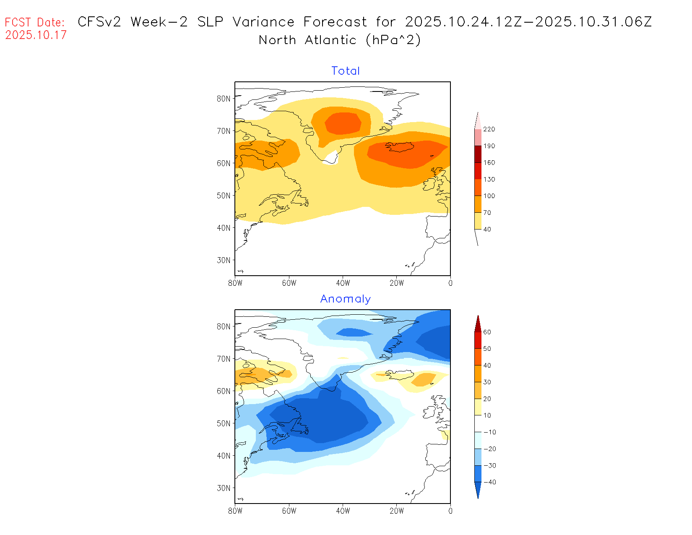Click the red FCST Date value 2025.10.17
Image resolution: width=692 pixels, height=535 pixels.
pos(36,35)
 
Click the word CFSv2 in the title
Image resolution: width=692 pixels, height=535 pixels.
pos(99,22)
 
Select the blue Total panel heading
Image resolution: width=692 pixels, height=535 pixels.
pos(346,71)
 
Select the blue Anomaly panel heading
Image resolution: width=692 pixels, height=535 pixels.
pos(346,299)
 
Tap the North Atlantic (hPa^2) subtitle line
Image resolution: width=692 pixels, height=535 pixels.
pos(340,40)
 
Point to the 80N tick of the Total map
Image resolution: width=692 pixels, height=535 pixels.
pos(224,99)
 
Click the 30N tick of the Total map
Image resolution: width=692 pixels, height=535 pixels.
pos(224,260)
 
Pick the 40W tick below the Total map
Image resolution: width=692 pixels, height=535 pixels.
pos(343,283)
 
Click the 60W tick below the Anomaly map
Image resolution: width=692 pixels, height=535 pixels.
pos(289,511)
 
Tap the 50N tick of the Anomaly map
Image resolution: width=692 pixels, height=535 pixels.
pos(224,423)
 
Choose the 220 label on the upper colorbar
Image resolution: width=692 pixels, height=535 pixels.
pos(489,129)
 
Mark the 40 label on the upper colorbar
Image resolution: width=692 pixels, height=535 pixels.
pos(487,230)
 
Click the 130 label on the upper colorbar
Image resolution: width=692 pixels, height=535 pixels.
pos(489,179)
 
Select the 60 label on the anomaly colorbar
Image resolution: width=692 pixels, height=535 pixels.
pos(487,332)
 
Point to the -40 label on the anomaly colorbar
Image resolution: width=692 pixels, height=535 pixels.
pos(489,482)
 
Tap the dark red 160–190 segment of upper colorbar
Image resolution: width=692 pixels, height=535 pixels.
pos(478,154)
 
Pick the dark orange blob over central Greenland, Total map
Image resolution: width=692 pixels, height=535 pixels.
pos(343,123)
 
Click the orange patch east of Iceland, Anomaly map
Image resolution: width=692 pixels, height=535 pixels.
pos(424,379)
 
